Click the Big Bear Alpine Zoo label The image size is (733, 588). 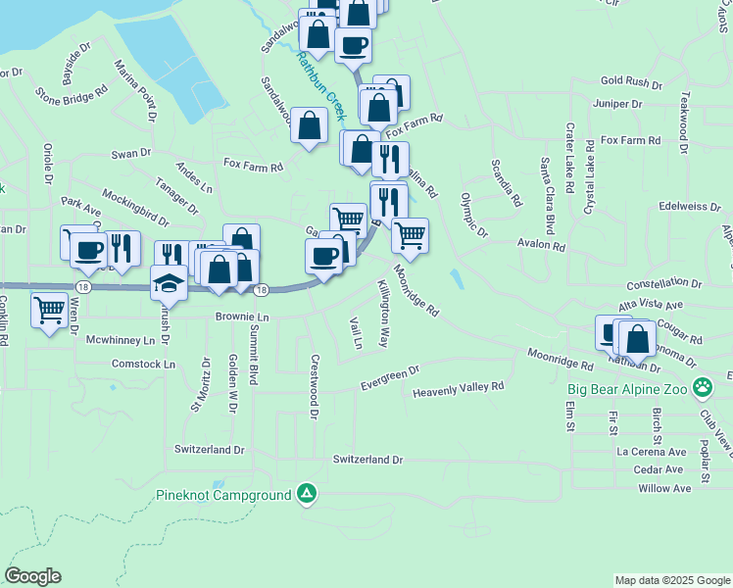click(627, 388)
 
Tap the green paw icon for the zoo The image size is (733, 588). click(702, 388)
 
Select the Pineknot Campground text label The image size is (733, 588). click(223, 495)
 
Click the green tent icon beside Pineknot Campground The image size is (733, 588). click(307, 494)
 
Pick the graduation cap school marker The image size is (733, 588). click(169, 283)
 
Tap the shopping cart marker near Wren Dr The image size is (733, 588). click(49, 311)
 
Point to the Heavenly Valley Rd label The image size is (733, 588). click(458, 388)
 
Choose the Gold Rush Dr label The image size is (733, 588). click(632, 81)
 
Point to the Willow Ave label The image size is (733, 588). click(663, 488)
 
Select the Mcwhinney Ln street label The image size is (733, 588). click(121, 340)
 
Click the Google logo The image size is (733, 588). click(32, 576)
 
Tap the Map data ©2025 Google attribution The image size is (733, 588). click(671, 580)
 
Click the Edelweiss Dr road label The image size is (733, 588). click(690, 207)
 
